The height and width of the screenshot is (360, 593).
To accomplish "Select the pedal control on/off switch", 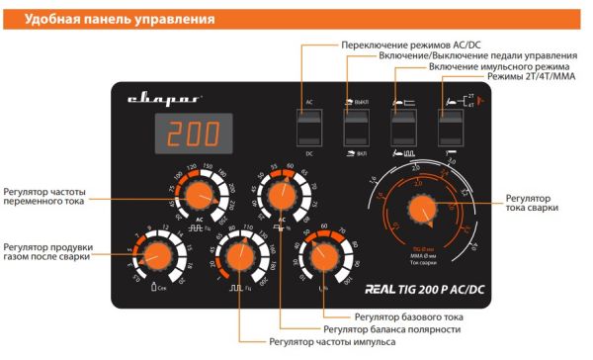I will pos(355,127).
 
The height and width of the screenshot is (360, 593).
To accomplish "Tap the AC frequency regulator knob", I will pos(200,194).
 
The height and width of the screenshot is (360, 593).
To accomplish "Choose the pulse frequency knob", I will pos(238,258).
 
